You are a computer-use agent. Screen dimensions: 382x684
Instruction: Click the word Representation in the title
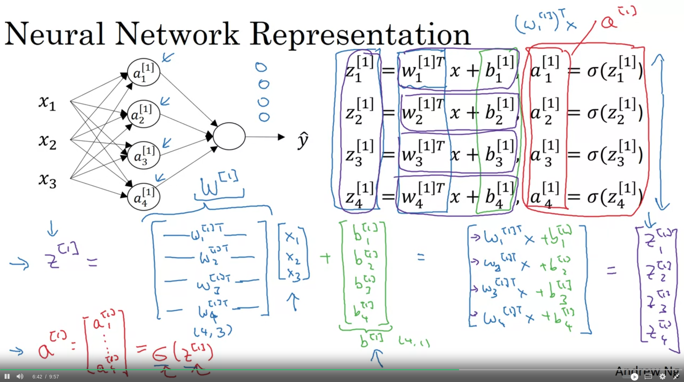(360, 35)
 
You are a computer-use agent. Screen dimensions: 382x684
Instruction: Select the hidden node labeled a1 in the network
(144, 72)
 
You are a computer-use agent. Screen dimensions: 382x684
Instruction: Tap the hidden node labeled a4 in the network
(144, 197)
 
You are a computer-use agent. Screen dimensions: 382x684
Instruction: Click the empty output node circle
(229, 136)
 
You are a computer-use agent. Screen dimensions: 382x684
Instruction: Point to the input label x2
(47, 141)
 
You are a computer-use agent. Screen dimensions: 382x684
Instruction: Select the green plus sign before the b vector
(325, 258)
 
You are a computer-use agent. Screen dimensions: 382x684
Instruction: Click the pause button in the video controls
(7, 376)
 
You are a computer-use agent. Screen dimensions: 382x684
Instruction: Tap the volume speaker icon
(20, 376)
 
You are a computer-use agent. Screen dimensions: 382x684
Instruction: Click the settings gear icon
(662, 376)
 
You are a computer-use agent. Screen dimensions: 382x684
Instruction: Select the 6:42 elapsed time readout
(37, 377)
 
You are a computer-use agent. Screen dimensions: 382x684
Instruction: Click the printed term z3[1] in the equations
(359, 154)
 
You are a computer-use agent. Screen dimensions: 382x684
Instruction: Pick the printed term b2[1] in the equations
(499, 112)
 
